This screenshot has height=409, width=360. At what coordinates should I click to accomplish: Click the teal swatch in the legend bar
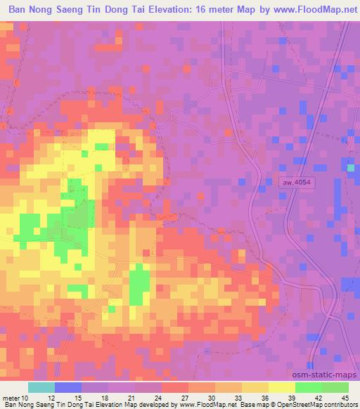coord(41,388)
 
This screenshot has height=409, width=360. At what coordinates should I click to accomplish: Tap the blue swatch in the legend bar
coord(68,388)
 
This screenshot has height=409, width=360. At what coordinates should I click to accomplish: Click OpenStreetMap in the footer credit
coord(299,404)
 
